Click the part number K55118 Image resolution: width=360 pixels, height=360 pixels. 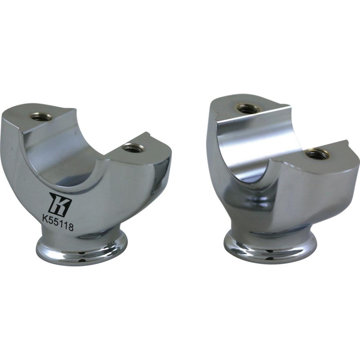point(58,220)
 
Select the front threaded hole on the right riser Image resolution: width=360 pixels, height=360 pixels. point(317,153)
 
